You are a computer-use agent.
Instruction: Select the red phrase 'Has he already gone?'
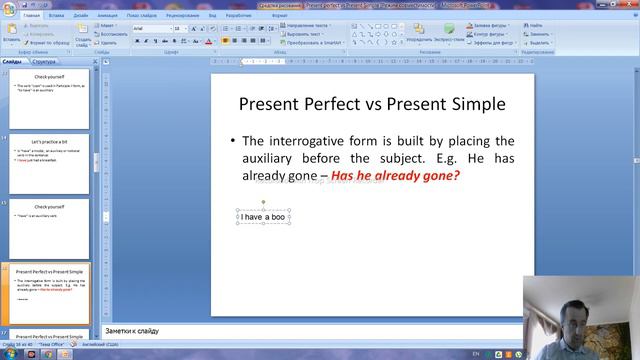(395, 175)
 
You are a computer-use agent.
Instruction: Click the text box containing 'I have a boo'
(263, 216)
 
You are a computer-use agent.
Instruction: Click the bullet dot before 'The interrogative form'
(232, 142)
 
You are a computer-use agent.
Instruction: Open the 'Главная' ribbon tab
(31, 17)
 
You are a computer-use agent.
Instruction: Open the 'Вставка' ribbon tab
(57, 17)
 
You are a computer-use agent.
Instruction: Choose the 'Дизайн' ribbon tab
(80, 17)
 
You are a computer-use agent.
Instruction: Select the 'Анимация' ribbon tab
(107, 17)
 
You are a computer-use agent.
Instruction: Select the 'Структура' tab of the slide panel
(43, 61)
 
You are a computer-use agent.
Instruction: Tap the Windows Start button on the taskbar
(8, 353)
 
